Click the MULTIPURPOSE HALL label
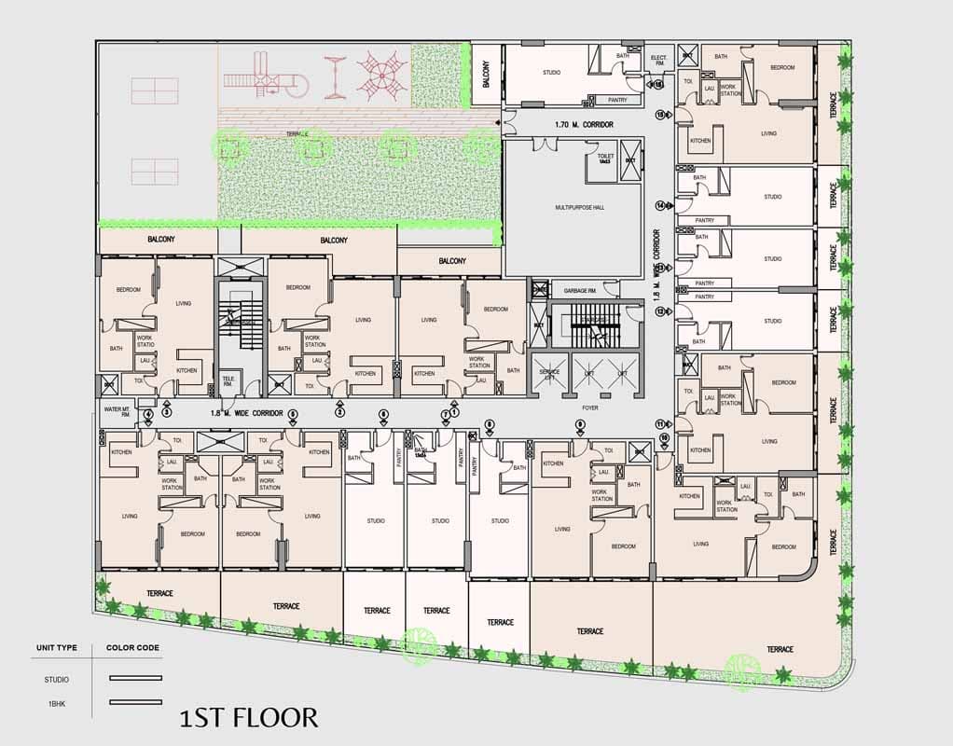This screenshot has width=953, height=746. pos(579,207)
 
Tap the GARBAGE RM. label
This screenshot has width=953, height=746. pos(573,290)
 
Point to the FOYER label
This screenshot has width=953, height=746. pos(589,408)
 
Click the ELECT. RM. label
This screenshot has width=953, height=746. pos(658,62)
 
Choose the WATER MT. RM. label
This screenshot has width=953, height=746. pos(116,410)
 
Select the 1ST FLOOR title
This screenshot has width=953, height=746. pos(249,717)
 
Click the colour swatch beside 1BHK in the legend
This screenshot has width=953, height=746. pos(135,702)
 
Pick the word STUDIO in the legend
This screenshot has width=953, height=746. pos(57,679)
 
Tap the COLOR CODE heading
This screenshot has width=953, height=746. pos(132,647)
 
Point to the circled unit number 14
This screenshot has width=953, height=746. pos(661,205)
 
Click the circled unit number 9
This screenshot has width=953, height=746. pos(580,425)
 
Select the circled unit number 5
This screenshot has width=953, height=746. pos(293,413)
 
